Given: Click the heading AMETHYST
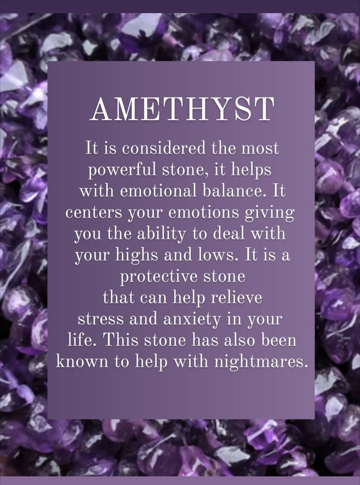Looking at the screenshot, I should click(x=182, y=108).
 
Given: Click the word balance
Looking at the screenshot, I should click(x=233, y=192).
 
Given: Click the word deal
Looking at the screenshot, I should click(x=231, y=234).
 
